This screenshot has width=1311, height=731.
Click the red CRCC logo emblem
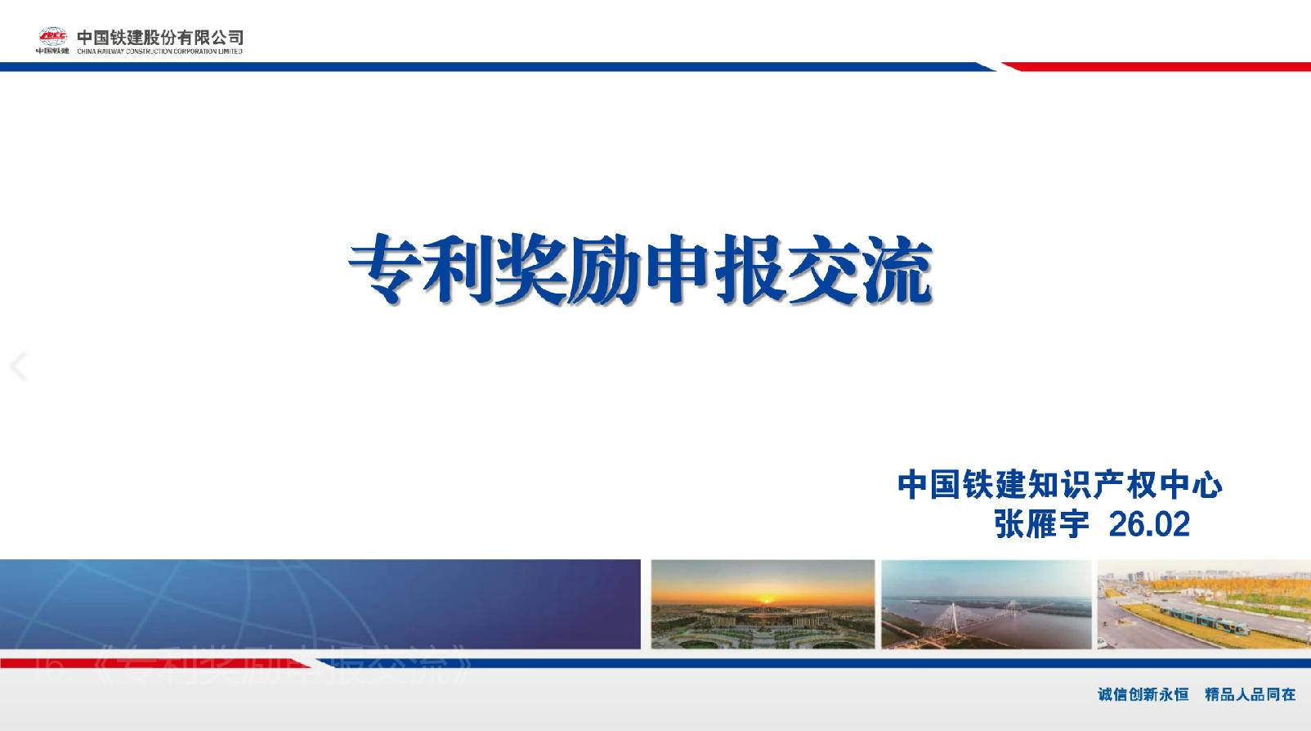(x=52, y=35)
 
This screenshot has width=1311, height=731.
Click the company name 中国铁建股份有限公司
(x=160, y=36)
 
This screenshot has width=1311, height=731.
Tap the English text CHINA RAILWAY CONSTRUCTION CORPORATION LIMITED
(x=160, y=51)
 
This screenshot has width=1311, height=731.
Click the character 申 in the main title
(x=676, y=270)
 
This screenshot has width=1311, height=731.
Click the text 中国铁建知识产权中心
(x=1059, y=484)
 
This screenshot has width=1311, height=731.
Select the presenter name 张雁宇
(x=1041, y=524)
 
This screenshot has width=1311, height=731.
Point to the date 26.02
(x=1148, y=524)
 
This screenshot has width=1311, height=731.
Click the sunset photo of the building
(x=762, y=604)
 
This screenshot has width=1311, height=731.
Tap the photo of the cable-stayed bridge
(x=986, y=604)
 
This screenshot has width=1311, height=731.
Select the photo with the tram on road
(x=1203, y=604)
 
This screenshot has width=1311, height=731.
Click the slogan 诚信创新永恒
(x=1143, y=694)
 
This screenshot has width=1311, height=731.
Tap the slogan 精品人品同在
(x=1250, y=694)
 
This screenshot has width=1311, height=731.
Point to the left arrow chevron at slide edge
(x=19, y=365)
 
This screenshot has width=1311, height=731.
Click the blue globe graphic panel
(x=319, y=604)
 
